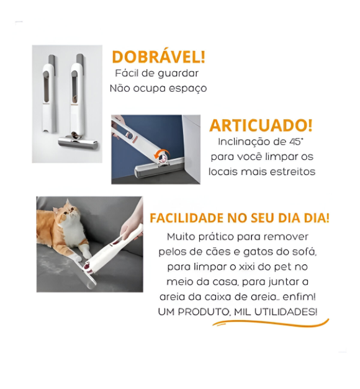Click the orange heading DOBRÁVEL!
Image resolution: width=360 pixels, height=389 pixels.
158,58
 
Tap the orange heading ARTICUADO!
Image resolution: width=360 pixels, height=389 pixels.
261,125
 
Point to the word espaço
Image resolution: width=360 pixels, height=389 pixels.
187,89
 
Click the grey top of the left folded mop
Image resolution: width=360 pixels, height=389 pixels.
50,60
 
